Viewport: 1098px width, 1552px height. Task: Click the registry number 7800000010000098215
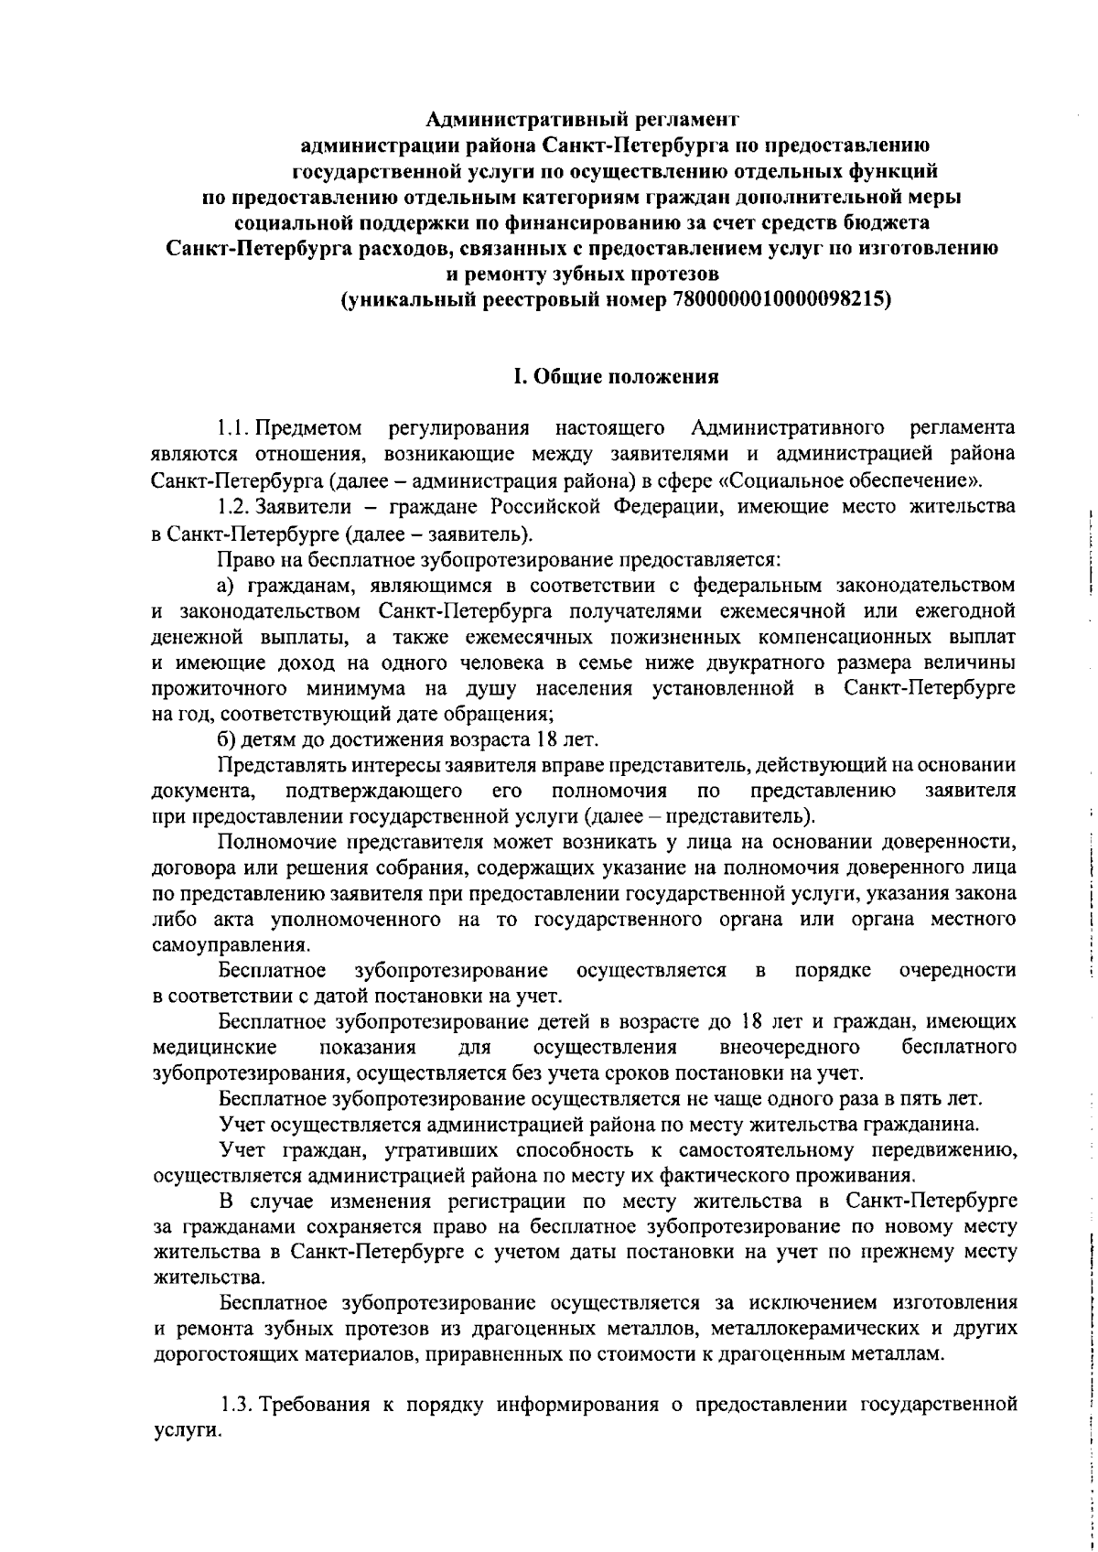click(781, 300)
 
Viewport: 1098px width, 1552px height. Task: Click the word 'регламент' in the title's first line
click(684, 118)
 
